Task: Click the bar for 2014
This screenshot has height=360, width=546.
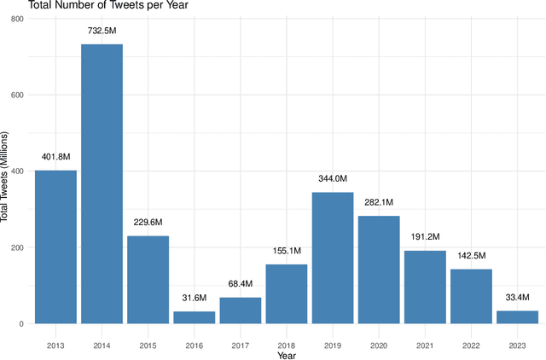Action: (x=102, y=183)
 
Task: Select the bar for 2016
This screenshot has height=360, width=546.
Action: (x=194, y=317)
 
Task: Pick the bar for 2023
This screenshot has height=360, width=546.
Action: (x=517, y=316)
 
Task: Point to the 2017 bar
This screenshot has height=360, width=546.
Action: (x=241, y=311)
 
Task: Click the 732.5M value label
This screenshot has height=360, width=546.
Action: (x=102, y=31)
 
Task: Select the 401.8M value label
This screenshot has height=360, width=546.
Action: (x=55, y=157)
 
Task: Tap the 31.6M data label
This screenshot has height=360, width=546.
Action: (x=194, y=298)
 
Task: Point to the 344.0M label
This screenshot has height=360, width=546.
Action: (x=333, y=179)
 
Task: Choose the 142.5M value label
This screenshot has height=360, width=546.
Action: (x=471, y=256)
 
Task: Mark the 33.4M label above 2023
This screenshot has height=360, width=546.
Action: (x=517, y=297)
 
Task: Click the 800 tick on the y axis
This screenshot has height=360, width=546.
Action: (x=17, y=18)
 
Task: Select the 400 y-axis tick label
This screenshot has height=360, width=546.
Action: (x=17, y=171)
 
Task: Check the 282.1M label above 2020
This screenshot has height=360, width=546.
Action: (x=379, y=202)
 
